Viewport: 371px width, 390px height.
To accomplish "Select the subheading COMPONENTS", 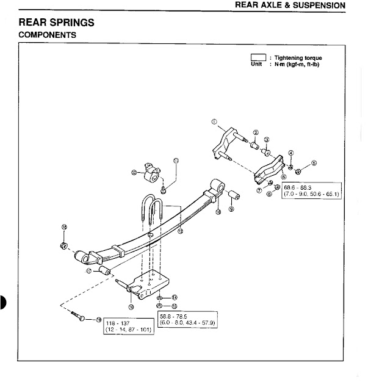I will (48, 35).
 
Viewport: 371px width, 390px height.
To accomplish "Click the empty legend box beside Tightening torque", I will (259, 57).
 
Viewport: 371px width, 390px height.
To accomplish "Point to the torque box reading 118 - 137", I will (126, 325).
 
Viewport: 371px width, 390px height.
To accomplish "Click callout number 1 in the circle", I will (215, 123).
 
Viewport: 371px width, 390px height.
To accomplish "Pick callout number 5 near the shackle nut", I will (314, 163).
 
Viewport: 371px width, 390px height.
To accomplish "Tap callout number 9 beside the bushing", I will (231, 209).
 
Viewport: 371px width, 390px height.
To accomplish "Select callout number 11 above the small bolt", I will (176, 161).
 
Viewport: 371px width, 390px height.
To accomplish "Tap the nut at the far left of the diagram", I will (63, 246).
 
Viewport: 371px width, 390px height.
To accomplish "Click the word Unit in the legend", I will (256, 63).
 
